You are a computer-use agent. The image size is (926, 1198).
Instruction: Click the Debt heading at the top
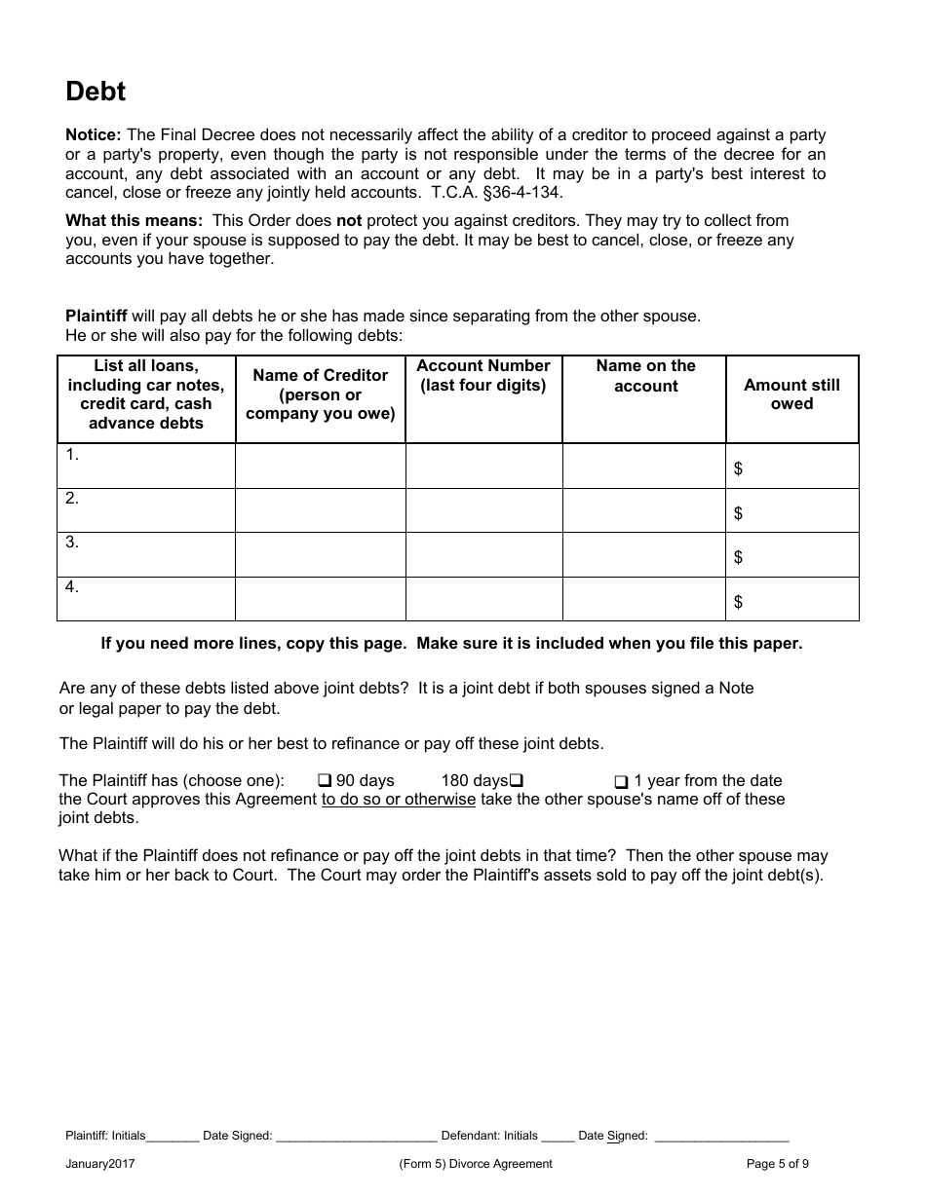click(x=96, y=92)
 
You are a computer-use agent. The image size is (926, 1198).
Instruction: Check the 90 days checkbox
click(x=326, y=781)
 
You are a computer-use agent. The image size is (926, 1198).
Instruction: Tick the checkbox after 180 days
click(x=518, y=781)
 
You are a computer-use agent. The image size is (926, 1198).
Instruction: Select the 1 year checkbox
click(x=621, y=782)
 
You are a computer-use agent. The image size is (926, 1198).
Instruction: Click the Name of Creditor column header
click(x=320, y=394)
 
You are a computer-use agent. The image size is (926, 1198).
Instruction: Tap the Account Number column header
click(x=483, y=375)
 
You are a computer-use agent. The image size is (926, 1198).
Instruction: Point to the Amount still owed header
click(x=791, y=394)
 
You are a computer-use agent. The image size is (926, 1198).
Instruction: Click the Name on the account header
click(x=645, y=376)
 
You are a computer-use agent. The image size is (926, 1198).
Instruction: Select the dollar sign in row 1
click(x=738, y=469)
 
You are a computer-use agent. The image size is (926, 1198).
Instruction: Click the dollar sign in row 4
click(x=738, y=602)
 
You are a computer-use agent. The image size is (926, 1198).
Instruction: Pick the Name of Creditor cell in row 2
click(x=320, y=510)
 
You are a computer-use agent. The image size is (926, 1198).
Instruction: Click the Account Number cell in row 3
click(x=483, y=554)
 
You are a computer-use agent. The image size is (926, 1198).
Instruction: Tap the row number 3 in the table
click(x=72, y=543)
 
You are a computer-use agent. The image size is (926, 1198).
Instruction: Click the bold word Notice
click(x=93, y=135)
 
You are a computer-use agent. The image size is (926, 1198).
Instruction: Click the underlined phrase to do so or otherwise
click(x=398, y=800)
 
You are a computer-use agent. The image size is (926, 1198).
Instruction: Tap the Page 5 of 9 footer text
click(x=777, y=1163)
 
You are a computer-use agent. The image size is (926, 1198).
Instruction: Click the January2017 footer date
click(x=100, y=1163)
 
